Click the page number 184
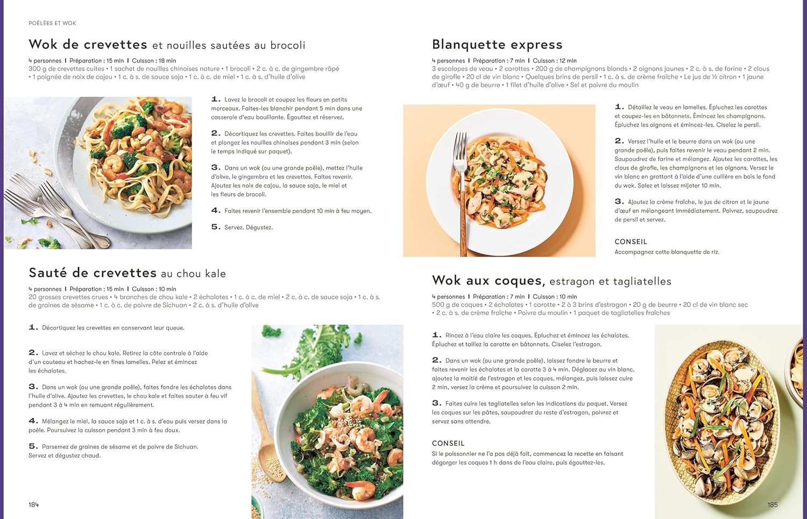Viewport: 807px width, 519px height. tap(34, 504)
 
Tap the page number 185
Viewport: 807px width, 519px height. tap(772, 504)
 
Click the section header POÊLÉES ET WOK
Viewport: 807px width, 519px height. tap(52, 23)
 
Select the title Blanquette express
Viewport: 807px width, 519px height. tap(497, 44)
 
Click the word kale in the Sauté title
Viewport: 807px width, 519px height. tap(215, 273)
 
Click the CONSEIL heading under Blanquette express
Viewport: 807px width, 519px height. tap(631, 242)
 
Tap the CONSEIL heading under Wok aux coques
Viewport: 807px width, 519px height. tap(448, 443)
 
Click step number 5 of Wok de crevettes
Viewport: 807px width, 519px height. tap(215, 227)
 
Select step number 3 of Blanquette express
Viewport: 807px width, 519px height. tap(619, 201)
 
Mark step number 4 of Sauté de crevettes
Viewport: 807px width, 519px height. tap(33, 420)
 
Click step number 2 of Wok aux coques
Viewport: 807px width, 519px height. tap(436, 360)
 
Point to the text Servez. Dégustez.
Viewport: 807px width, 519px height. tap(249, 227)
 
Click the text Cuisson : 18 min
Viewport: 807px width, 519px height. tap(154, 61)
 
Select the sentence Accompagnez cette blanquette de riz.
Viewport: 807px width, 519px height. tap(667, 252)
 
